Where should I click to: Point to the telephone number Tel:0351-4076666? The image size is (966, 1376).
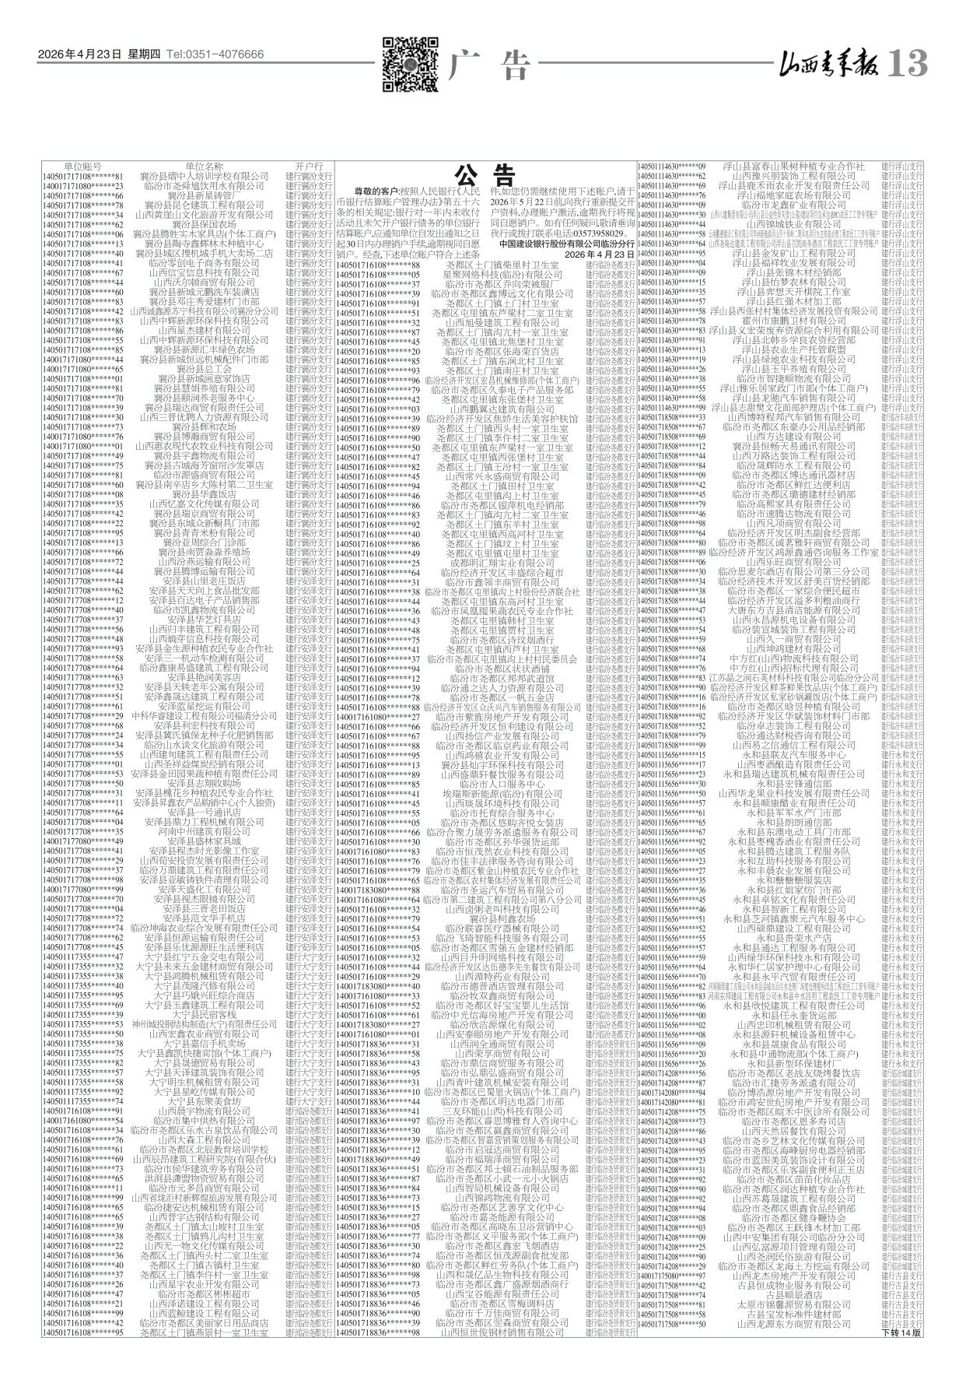[215, 54]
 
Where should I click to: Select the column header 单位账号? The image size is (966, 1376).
[82, 167]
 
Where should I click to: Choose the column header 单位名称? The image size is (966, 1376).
[204, 167]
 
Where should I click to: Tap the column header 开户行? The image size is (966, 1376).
[309, 167]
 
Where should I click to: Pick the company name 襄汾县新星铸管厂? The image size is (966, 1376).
[204, 195]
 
